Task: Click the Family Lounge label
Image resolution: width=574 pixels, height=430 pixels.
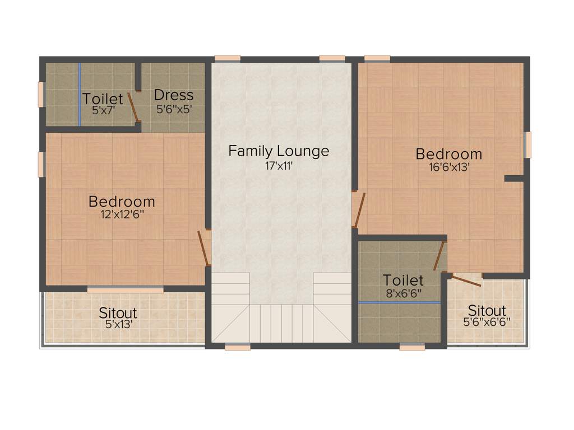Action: coord(279,151)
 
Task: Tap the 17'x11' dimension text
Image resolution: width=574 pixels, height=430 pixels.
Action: coord(279,166)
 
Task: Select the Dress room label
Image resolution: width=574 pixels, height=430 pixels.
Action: coord(174,95)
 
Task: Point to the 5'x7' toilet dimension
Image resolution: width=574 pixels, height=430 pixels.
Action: coord(103,110)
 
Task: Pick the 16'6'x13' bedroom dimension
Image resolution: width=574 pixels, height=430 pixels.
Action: coord(448,166)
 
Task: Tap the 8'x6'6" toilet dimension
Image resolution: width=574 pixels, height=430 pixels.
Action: coord(403,292)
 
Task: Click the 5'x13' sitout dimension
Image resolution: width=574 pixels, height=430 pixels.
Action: coord(118,323)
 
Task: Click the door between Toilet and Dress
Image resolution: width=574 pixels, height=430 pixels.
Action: coord(133,107)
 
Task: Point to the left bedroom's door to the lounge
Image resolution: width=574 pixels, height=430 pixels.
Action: coord(204,249)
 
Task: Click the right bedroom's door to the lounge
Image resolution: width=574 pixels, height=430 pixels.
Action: coord(359,211)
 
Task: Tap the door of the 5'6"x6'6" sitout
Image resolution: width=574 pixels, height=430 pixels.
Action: coord(466,280)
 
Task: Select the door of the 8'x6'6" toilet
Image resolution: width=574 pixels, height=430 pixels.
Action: coord(439,256)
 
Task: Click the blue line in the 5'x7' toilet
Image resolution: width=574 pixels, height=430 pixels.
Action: coord(80,94)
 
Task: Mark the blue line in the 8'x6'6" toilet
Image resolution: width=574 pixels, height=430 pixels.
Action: coord(399,302)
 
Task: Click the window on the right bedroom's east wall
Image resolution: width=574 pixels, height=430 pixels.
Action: coord(527,144)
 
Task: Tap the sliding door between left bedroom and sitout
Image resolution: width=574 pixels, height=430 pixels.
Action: coord(126,289)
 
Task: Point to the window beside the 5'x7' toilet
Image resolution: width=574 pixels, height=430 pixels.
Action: coord(41,94)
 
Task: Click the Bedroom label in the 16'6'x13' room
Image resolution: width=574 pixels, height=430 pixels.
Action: coord(448,153)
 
